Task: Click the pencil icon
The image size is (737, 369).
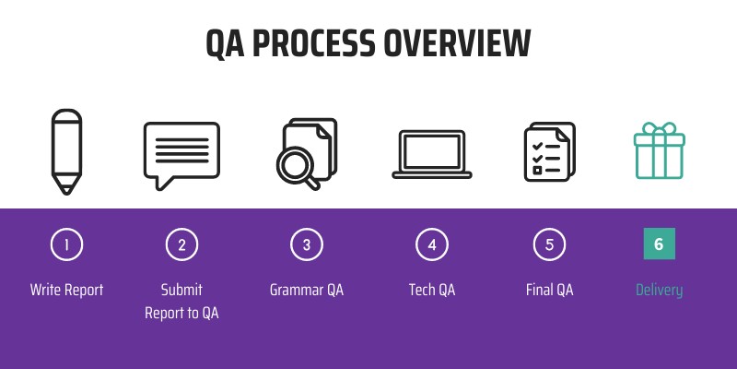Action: (66, 152)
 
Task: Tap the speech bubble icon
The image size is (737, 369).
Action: (181, 154)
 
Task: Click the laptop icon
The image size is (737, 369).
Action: (431, 153)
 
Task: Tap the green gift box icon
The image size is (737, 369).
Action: (659, 150)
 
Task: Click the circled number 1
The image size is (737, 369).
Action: (66, 244)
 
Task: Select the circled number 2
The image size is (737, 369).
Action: (181, 244)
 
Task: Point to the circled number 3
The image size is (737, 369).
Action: (307, 244)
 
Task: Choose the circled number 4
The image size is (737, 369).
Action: (431, 244)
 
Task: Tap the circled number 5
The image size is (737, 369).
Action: (549, 244)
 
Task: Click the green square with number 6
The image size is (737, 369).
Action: (659, 244)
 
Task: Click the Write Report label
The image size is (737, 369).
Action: (66, 290)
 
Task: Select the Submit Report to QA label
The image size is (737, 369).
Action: (181, 302)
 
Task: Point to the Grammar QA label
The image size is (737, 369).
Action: (307, 290)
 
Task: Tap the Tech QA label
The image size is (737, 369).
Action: (431, 290)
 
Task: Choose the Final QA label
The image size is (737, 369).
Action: (549, 290)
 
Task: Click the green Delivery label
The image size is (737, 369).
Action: (659, 290)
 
